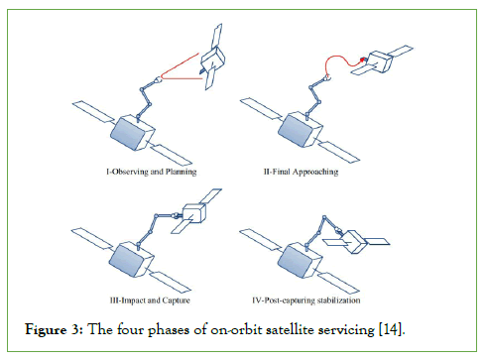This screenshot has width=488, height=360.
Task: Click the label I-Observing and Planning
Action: (x=152, y=172)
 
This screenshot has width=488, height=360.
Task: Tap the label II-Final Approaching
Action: (x=301, y=172)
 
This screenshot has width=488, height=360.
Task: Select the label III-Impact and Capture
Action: (x=150, y=300)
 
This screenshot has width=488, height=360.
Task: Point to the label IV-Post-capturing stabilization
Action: (x=306, y=300)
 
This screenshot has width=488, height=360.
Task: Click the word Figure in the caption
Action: (x=46, y=330)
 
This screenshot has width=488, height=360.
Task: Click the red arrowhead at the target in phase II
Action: (x=363, y=60)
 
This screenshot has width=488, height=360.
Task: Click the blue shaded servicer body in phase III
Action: (x=128, y=261)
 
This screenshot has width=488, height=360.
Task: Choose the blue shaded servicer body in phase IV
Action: (x=296, y=261)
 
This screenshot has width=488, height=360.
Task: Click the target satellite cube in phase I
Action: (x=213, y=60)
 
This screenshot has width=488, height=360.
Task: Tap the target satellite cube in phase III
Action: (x=194, y=213)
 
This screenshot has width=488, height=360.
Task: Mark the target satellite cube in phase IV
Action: (x=354, y=242)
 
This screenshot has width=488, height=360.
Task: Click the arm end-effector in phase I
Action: (x=158, y=79)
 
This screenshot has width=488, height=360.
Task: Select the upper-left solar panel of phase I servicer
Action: (x=93, y=112)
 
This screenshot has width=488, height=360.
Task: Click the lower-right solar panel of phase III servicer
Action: (x=171, y=282)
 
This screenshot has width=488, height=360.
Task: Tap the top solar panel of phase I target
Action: (x=216, y=36)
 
